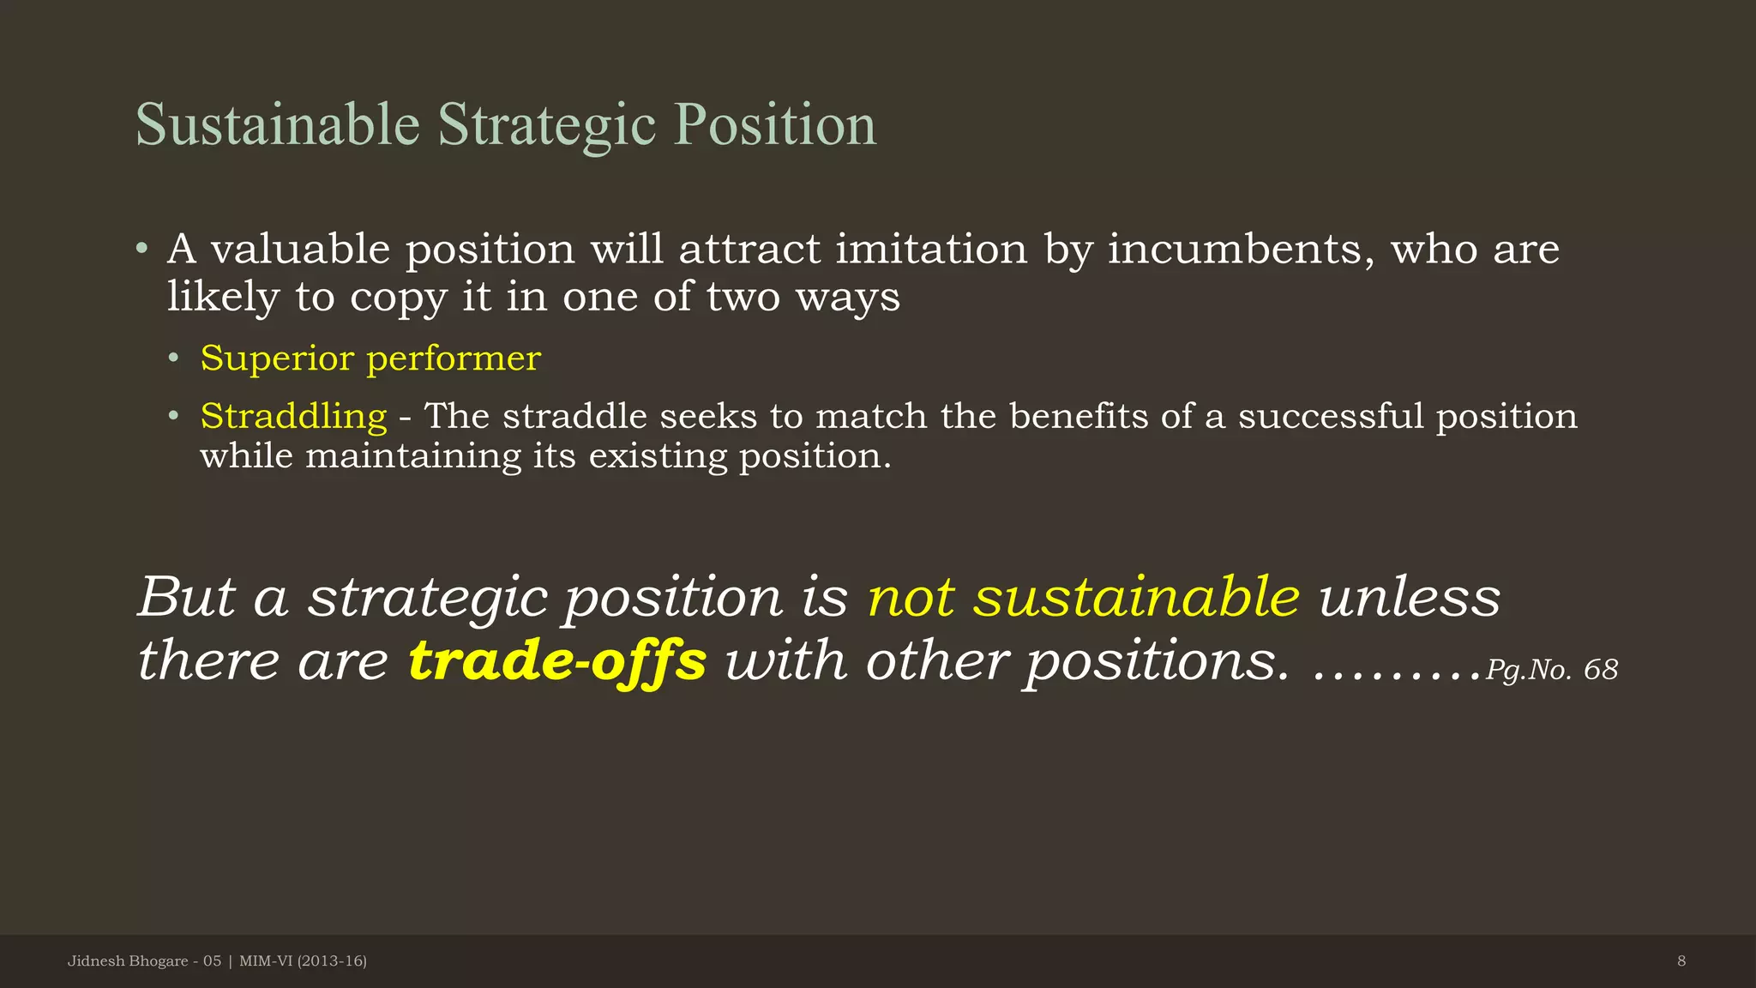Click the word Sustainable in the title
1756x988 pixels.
point(277,125)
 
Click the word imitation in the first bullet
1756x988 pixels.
point(931,250)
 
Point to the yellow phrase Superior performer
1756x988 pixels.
point(370,358)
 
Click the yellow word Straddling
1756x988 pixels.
point(293,417)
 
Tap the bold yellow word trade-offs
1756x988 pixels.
point(557,661)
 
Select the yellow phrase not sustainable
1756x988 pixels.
point(1084,597)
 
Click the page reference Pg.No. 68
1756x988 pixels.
point(1551,670)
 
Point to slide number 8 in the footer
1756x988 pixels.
point(1681,961)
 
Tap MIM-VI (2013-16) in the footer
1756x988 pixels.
point(303,961)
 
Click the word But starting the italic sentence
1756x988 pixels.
point(186,597)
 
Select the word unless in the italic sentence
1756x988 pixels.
point(1410,597)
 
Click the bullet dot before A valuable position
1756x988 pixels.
point(142,250)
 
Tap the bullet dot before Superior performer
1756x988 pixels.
point(174,358)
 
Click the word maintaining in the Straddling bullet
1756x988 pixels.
point(413,456)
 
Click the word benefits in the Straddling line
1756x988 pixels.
point(1078,417)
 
